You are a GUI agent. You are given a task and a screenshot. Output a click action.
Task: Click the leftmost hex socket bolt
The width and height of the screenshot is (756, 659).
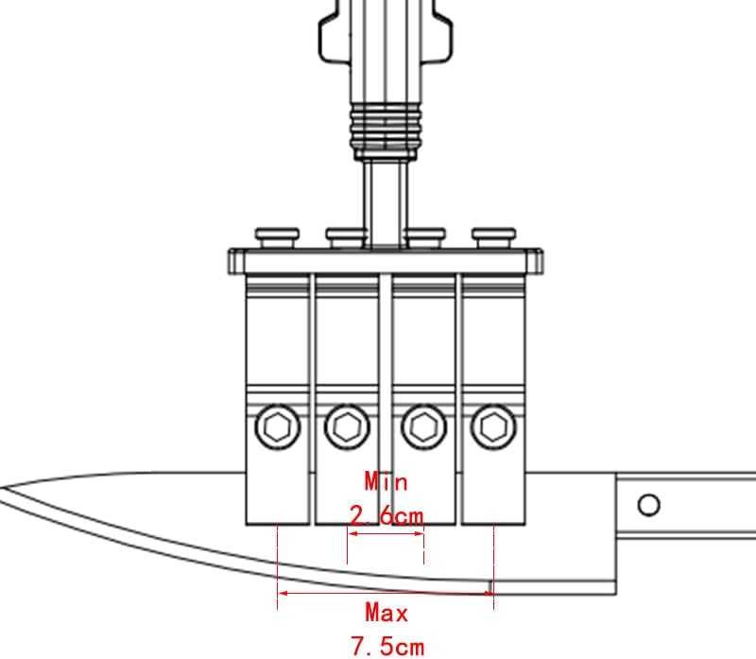(277, 427)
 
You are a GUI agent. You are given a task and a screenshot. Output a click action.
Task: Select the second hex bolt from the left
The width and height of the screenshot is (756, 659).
(347, 427)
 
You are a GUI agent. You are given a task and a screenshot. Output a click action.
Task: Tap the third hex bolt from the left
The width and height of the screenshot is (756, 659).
(423, 427)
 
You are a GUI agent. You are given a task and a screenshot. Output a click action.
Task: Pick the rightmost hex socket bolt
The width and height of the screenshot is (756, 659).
(493, 427)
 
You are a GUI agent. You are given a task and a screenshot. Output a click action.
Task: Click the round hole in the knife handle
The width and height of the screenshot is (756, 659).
(648, 505)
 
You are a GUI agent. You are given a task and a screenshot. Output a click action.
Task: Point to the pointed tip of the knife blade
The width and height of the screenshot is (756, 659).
(2, 488)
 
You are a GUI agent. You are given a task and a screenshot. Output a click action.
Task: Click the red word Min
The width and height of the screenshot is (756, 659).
(387, 482)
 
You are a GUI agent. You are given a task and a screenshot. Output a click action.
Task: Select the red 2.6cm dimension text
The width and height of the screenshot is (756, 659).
(387, 515)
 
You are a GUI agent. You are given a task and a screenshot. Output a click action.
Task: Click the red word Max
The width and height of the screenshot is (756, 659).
(387, 613)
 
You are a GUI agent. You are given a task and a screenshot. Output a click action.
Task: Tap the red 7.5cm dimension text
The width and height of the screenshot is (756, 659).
(387, 646)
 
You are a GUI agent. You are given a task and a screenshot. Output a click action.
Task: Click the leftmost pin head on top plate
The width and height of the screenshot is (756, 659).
(277, 238)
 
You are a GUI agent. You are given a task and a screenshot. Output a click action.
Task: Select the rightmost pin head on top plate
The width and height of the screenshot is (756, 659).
(493, 238)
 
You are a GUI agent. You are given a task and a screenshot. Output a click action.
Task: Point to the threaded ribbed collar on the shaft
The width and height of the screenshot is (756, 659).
(386, 131)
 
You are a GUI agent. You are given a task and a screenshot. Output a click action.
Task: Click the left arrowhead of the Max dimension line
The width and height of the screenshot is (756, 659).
(283, 593)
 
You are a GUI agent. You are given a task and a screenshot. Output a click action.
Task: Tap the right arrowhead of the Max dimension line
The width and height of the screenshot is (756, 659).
(488, 593)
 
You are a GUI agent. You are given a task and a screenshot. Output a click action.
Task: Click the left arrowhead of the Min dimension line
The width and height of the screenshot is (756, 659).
(352, 533)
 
